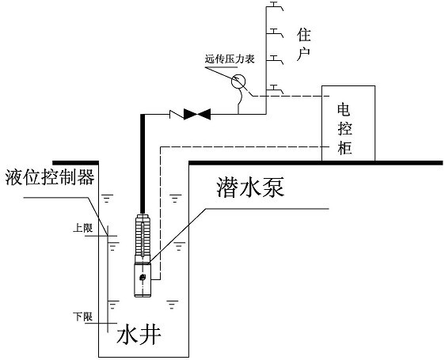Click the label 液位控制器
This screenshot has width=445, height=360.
pyautogui.click(x=50, y=177)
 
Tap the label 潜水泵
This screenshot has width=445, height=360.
pyautogui.click(x=250, y=188)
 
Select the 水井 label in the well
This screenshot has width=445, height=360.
pyautogui.click(x=139, y=336)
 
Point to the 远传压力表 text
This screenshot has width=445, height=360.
pyautogui.click(x=230, y=59)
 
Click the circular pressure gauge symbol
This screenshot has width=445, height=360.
pyautogui.click(x=238, y=81)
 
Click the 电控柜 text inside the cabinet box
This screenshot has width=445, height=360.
pyautogui.click(x=344, y=129)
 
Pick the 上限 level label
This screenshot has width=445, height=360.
pyautogui.click(x=82, y=228)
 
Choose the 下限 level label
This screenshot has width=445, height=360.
pyautogui.click(x=82, y=316)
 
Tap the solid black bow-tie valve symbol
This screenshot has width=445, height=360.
pyautogui.click(x=197, y=114)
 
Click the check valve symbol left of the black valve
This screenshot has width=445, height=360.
pyautogui.click(x=177, y=114)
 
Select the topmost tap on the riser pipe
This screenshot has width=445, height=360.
pyautogui.click(x=275, y=6)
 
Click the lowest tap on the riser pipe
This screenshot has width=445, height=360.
pyautogui.click(x=275, y=89)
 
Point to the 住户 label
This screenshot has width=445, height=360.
pyautogui.click(x=304, y=44)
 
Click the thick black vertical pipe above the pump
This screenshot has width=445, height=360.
pyautogui.click(x=143, y=164)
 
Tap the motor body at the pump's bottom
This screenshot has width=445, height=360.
pyautogui.click(x=143, y=280)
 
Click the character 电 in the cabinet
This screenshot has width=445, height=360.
pyautogui.click(x=344, y=110)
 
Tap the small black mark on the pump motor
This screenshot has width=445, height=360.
pyautogui.click(x=143, y=278)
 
